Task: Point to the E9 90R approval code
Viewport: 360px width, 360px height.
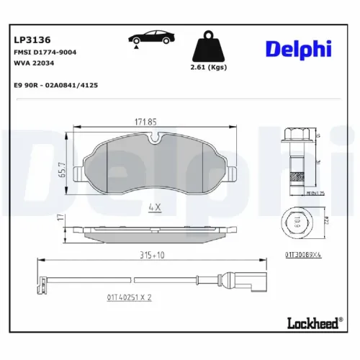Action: click(56, 84)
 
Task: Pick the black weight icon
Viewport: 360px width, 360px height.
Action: click(209, 48)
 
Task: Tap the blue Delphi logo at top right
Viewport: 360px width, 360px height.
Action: click(298, 48)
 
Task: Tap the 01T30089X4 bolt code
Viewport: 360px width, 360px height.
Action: click(303, 254)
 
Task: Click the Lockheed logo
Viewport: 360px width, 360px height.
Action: click(312, 324)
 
